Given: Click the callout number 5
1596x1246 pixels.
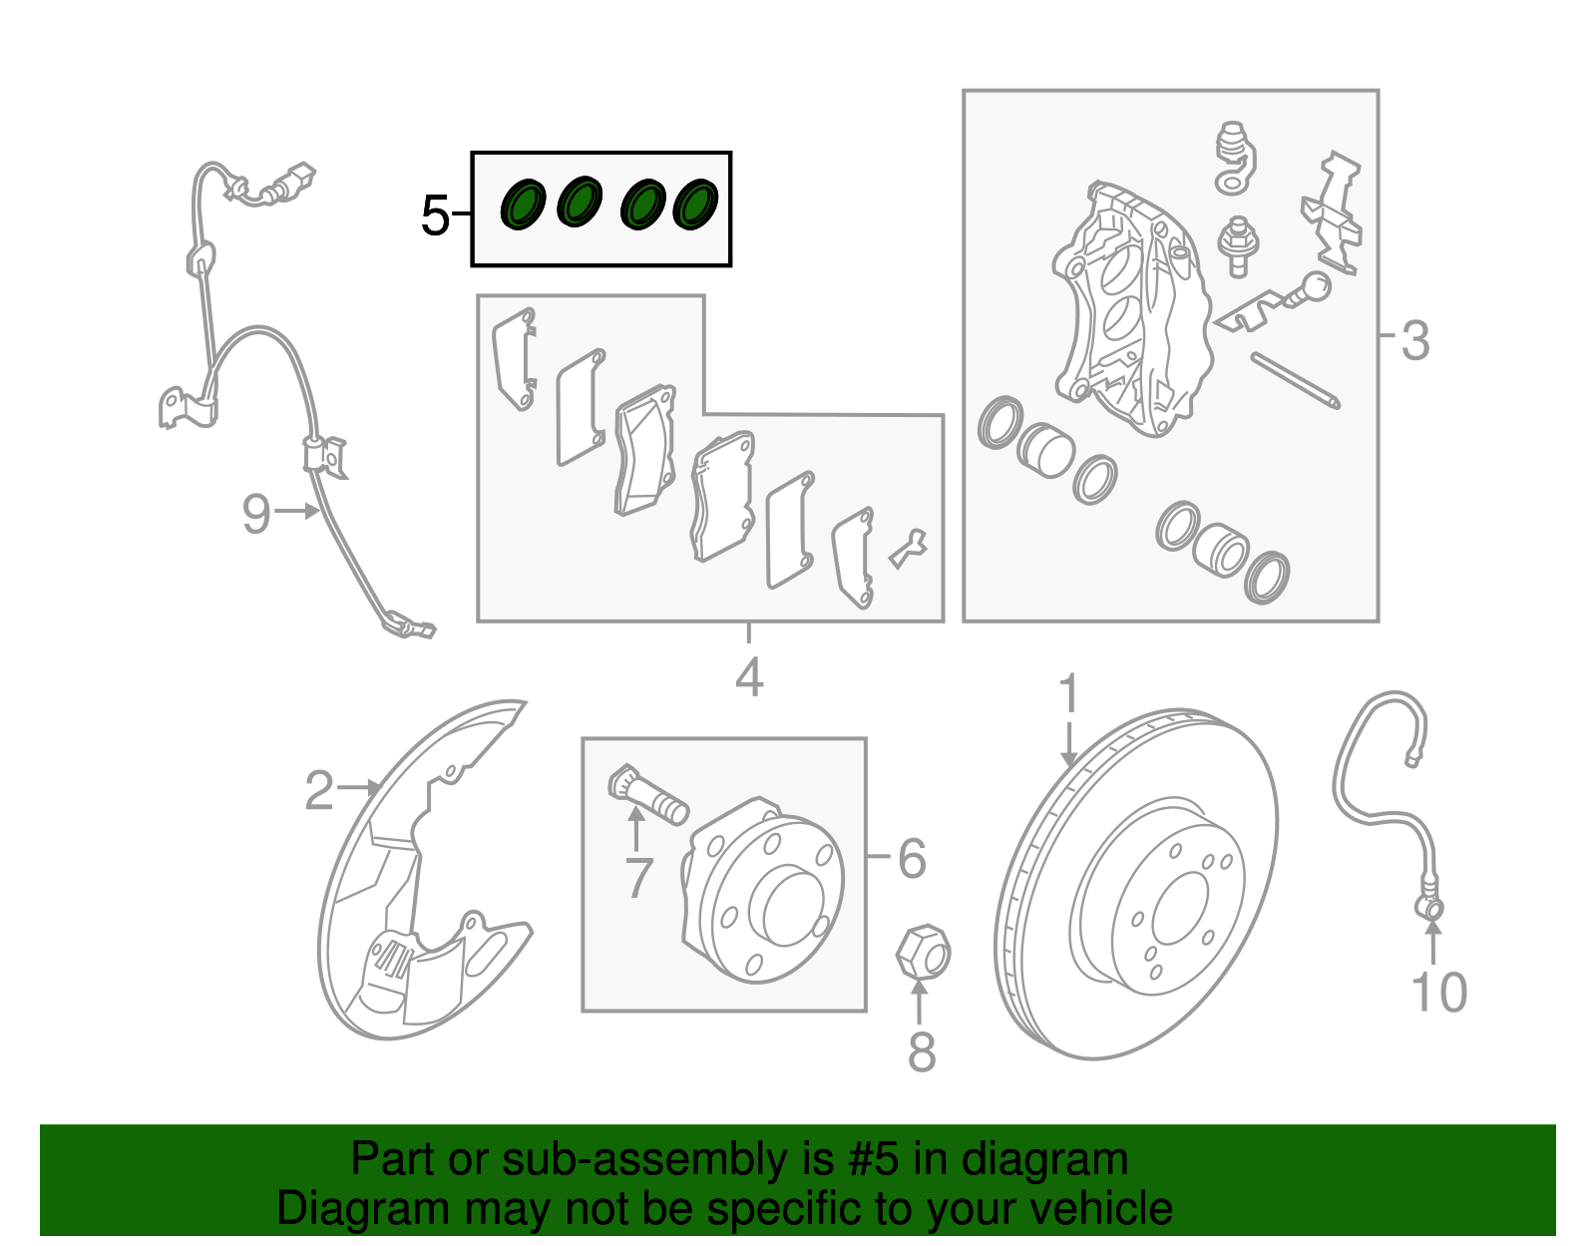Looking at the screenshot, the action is pyautogui.click(x=434, y=215).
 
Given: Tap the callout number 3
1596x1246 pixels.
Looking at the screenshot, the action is pyautogui.click(x=1415, y=341).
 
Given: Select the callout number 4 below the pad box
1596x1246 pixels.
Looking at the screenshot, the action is pyautogui.click(x=749, y=677).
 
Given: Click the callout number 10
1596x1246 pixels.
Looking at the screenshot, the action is pyautogui.click(x=1438, y=993).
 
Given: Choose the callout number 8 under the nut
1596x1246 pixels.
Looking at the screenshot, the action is pyautogui.click(x=922, y=1051).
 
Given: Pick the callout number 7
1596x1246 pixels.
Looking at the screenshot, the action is pyautogui.click(x=638, y=878).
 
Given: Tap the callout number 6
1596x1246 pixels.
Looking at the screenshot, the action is pyautogui.click(x=912, y=858).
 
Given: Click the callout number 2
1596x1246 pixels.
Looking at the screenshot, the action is pyautogui.click(x=319, y=790).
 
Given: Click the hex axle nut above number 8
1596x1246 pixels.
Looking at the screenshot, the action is pyautogui.click(x=924, y=953).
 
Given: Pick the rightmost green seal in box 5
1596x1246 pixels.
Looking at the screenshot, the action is pyautogui.click(x=695, y=204).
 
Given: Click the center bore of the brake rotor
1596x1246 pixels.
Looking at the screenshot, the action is pyautogui.click(x=1180, y=909).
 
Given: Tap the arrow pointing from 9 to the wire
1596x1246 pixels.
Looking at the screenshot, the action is pyautogui.click(x=296, y=511).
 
